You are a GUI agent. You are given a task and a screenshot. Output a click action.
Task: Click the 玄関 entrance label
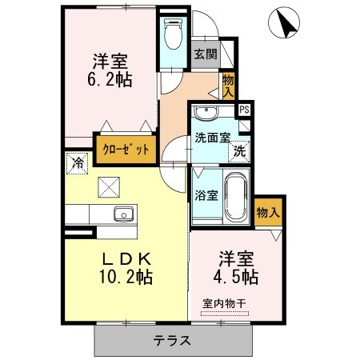click(x=205, y=55)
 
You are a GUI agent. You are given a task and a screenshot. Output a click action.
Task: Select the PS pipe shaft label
click(x=243, y=110)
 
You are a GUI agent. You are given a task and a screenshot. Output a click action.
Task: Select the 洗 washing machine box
click(x=239, y=150)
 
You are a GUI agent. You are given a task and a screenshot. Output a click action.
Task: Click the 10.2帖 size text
click(x=126, y=278)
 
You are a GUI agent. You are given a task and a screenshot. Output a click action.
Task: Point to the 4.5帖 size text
click(x=238, y=278)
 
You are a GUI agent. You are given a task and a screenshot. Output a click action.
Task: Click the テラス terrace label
click(x=173, y=340)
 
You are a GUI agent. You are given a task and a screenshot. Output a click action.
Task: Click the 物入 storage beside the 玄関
click(x=229, y=83)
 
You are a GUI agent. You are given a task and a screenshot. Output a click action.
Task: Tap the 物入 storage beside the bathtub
click(x=268, y=212)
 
